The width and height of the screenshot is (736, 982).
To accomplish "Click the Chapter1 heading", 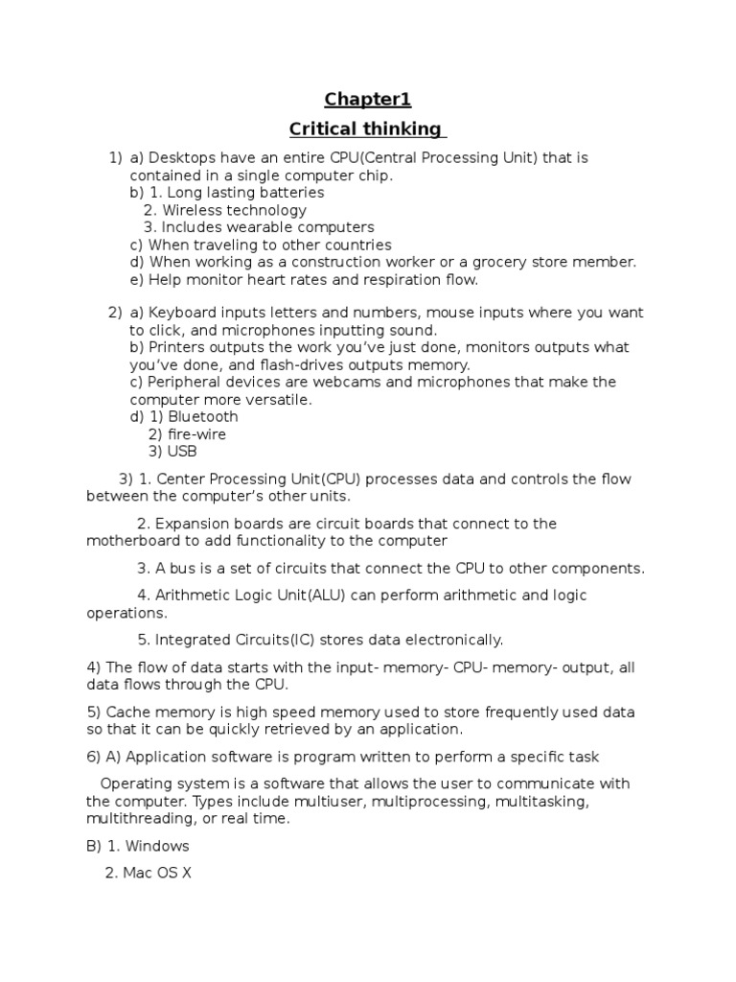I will pyautogui.click(x=367, y=100).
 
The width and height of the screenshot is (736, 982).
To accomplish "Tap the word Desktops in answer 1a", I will pyautogui.click(x=182, y=157).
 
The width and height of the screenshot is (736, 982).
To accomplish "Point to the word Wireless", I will pyautogui.click(x=194, y=210).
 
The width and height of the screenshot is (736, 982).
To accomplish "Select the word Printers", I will pyautogui.click(x=175, y=347).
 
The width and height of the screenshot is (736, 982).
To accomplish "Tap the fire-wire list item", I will pyautogui.click(x=196, y=433).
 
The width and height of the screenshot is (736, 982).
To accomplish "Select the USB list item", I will pyautogui.click(x=182, y=451).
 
